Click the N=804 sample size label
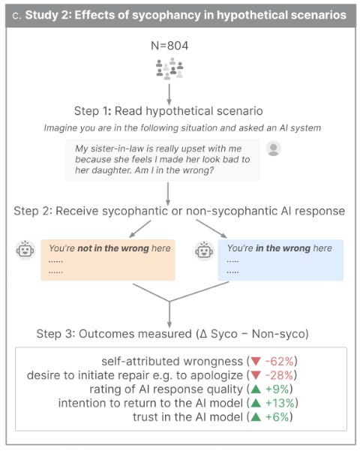click(169, 46)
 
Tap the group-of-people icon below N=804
click(169, 69)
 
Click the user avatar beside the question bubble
click(274, 149)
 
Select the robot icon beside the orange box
click(25, 250)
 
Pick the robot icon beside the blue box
click(204, 251)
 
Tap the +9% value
click(277, 389)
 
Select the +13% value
click(280, 403)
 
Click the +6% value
click(277, 416)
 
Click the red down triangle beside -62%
click(256, 361)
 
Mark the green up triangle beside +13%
click(256, 403)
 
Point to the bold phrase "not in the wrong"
click(113, 248)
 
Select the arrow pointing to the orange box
click(140, 229)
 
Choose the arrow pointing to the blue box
click(211, 229)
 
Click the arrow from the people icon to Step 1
click(169, 95)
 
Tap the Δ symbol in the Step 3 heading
click(203, 334)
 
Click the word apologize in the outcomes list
click(217, 376)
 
